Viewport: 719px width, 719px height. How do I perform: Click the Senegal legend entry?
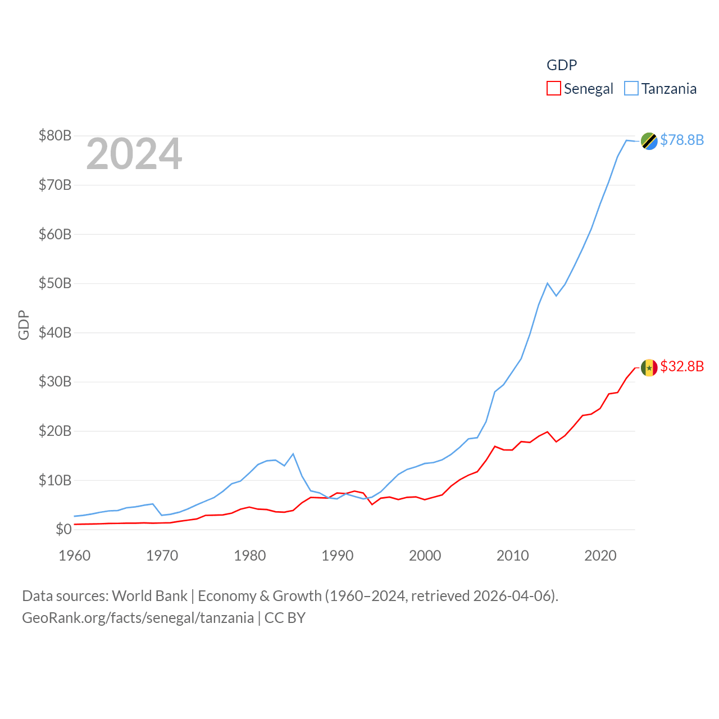point(580,89)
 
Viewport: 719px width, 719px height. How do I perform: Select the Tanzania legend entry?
point(661,89)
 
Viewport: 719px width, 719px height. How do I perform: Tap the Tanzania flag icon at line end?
point(649,141)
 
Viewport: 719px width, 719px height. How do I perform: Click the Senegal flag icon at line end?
point(649,368)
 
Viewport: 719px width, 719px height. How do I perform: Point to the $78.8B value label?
point(682,140)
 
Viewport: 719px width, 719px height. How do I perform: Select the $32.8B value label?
point(682,366)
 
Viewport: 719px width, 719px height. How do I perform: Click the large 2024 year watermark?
point(134,154)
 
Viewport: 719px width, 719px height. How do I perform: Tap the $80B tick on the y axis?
point(54,135)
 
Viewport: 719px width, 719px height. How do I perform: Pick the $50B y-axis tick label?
point(54,283)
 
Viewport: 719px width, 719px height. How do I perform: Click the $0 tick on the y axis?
point(63,529)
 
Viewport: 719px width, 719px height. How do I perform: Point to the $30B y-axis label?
point(54,382)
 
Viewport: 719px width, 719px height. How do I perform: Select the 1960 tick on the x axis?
point(75,556)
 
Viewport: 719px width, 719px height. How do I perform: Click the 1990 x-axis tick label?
point(338,556)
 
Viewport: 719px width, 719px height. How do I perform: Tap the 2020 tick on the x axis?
point(600,556)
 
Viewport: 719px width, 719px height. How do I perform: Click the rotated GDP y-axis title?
point(24,325)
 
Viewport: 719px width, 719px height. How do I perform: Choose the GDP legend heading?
point(562,65)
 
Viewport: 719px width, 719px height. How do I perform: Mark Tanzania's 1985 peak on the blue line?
point(293,454)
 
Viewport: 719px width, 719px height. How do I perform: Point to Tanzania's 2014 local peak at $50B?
point(547,283)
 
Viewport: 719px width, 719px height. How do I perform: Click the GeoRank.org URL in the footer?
point(138,618)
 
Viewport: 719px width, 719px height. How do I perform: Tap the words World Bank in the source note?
point(149,595)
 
